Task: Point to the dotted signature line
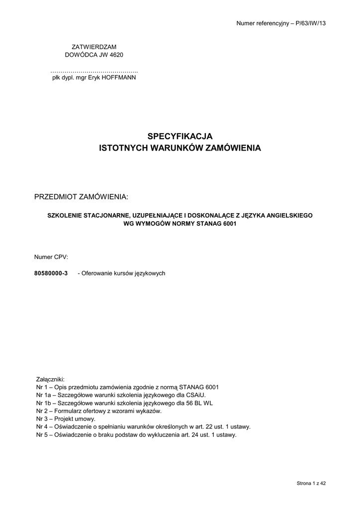point(94,71)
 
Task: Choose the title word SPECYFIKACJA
point(180,136)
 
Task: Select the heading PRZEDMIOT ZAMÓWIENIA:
point(81,197)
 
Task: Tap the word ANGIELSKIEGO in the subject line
point(286,215)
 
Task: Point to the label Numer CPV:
point(51,257)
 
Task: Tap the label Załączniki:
point(51,379)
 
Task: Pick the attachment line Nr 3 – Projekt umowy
point(66,419)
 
